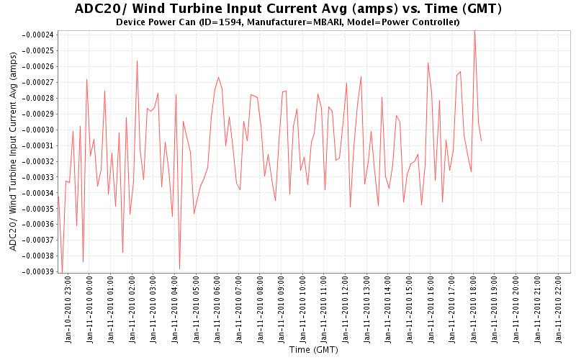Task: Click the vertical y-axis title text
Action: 13,155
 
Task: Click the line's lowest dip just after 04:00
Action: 179,269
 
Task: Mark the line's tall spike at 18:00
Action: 474,31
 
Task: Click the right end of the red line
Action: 481,140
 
